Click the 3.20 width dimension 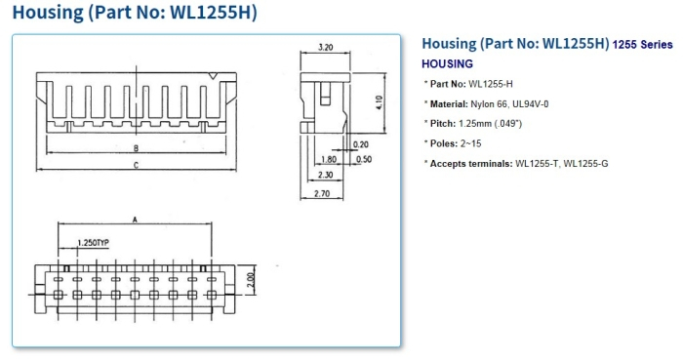click(x=327, y=47)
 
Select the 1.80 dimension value click(x=328, y=158)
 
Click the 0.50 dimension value click(x=364, y=158)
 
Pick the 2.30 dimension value click(x=327, y=176)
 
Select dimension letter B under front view click(x=136, y=148)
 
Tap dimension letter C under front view click(x=136, y=167)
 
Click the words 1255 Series click(x=643, y=45)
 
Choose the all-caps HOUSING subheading click(x=447, y=63)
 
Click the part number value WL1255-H click(x=493, y=83)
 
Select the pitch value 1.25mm click(x=475, y=123)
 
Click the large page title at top click(x=135, y=14)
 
